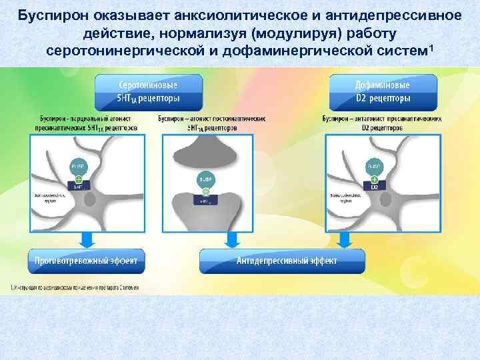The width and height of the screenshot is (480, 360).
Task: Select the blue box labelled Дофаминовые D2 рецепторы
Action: pyautogui.click(x=383, y=93)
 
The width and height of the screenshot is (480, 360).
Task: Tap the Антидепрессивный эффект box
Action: pyautogui.click(x=282, y=261)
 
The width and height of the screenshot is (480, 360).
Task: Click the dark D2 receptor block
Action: pyautogui.click(x=374, y=187)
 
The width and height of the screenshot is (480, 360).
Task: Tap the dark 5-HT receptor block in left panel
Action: pyautogui.click(x=78, y=187)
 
